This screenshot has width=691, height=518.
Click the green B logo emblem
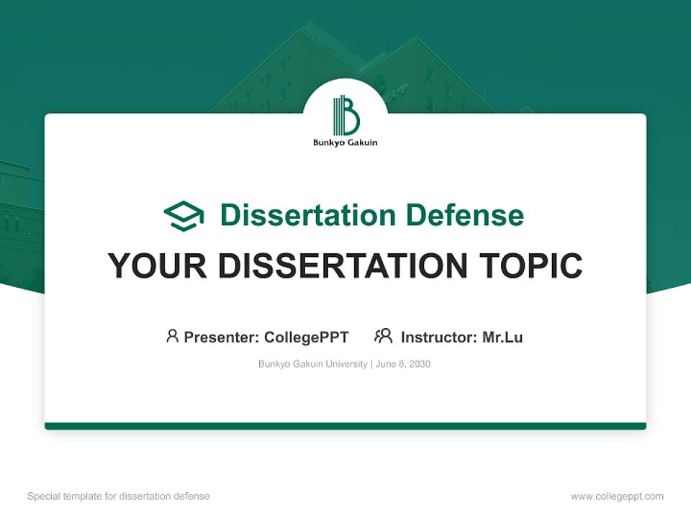(x=345, y=115)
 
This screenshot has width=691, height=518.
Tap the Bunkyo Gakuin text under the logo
(x=345, y=142)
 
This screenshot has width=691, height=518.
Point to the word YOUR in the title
(x=158, y=266)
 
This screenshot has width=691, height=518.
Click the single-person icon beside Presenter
(x=172, y=336)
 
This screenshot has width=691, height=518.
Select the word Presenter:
(x=221, y=337)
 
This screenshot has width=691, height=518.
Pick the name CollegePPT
(x=307, y=337)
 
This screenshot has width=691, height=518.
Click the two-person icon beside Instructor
(x=383, y=336)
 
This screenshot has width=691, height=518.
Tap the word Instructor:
(x=439, y=337)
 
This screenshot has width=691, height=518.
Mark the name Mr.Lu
(x=502, y=337)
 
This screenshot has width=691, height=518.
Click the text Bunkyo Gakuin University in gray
(x=312, y=364)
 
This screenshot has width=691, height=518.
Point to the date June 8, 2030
(x=403, y=364)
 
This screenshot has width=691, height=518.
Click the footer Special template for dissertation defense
(x=119, y=496)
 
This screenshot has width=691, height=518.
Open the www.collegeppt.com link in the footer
(x=617, y=496)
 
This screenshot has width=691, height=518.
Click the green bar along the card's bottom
(x=345, y=426)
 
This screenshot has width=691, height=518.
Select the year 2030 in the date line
(x=419, y=364)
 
